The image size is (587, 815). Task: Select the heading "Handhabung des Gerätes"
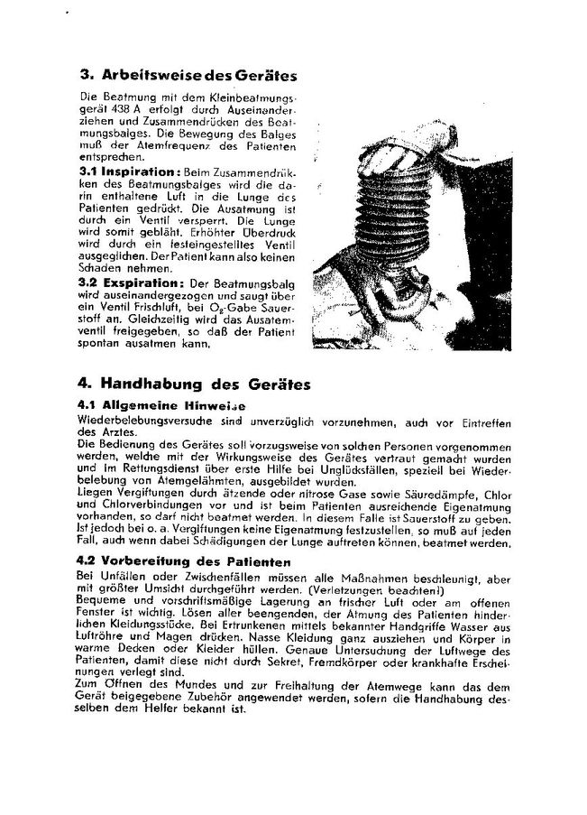click(206, 384)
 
